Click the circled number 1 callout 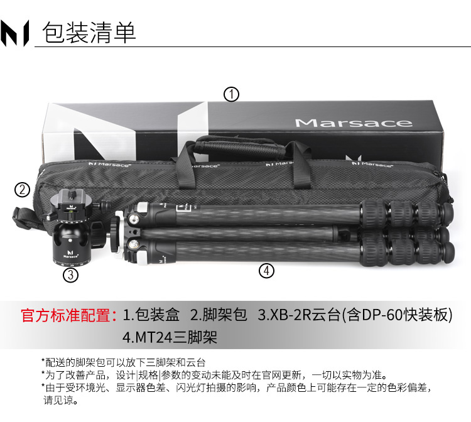(231, 94)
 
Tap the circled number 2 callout (22, 190)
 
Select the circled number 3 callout (70, 275)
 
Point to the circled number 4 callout (266, 271)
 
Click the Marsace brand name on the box (354, 123)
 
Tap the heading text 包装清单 (89, 33)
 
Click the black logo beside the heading (14, 33)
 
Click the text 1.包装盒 (151, 315)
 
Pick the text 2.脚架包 (219, 315)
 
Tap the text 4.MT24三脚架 (170, 337)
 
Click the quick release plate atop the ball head (71, 200)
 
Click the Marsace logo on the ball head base (71, 254)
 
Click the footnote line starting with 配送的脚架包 (124, 362)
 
